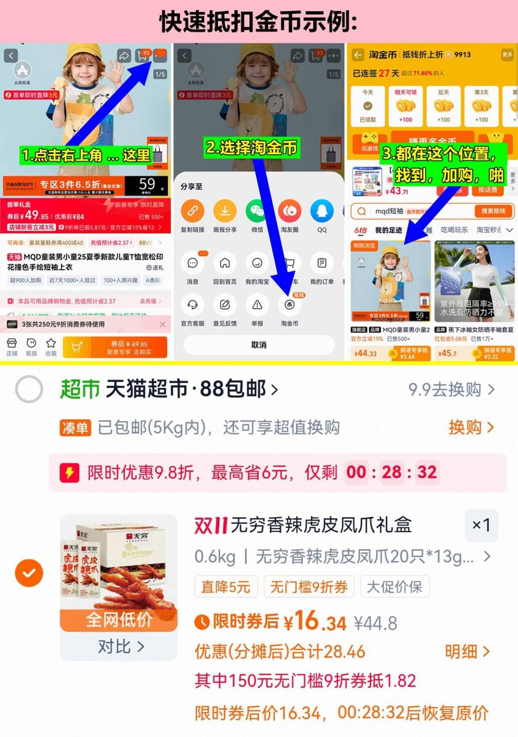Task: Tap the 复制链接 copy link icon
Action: (193, 211)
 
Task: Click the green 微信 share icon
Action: (257, 211)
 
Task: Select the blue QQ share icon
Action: (322, 211)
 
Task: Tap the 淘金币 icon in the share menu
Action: (289, 305)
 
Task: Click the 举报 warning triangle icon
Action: (257, 305)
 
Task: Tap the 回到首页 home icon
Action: (225, 263)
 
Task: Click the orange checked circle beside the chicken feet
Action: (29, 573)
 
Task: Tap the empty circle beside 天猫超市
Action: (29, 389)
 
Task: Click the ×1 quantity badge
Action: (481, 525)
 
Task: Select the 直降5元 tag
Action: (226, 587)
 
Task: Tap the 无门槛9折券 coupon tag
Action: (309, 587)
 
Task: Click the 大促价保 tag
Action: (394, 587)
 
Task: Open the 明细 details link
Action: (467, 652)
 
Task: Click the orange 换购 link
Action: (471, 427)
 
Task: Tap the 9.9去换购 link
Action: (451, 390)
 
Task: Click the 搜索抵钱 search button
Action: (493, 211)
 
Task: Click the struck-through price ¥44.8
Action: (375, 623)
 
